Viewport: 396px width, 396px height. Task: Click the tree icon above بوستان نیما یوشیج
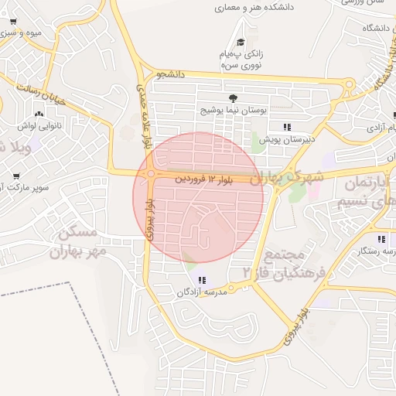click(x=233, y=97)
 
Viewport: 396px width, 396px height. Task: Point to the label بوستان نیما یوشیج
click(x=233, y=111)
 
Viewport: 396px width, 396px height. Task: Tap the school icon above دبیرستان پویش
click(x=286, y=126)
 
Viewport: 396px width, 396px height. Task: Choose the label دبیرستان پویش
click(x=286, y=139)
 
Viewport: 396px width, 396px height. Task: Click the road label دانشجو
click(x=172, y=74)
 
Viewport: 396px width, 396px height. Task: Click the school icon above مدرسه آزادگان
click(x=202, y=280)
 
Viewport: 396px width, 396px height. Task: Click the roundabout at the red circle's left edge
click(x=150, y=174)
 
